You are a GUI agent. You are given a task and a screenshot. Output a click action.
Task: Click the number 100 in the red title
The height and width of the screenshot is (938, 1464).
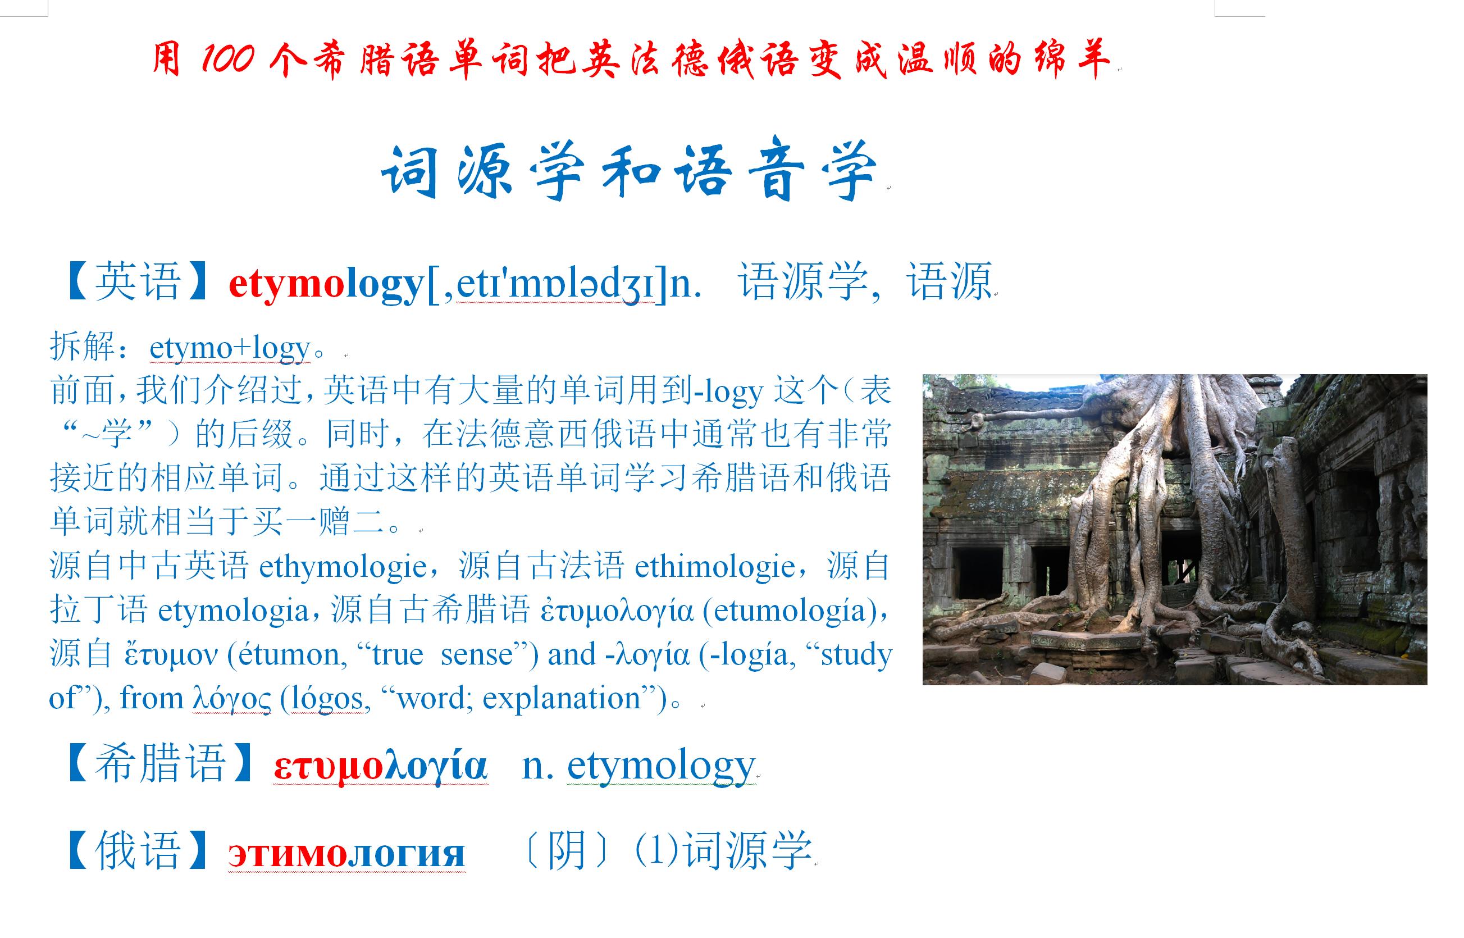click(227, 59)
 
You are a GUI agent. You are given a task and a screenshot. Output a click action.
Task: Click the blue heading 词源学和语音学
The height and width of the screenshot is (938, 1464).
click(629, 171)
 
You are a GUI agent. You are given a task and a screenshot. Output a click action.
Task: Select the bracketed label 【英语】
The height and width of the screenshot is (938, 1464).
click(138, 282)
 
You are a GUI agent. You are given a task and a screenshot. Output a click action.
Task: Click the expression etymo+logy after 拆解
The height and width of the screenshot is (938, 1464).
click(230, 348)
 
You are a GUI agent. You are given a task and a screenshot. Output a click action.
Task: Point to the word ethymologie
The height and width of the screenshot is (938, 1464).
click(342, 567)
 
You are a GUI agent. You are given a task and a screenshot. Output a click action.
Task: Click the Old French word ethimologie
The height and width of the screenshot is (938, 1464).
click(714, 567)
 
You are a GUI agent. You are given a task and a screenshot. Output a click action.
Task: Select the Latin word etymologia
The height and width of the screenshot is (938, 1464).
click(233, 611)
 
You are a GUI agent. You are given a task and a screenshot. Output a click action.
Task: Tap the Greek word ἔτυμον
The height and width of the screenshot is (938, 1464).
click(171, 655)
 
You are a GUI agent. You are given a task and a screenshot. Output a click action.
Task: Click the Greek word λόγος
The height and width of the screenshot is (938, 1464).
click(231, 699)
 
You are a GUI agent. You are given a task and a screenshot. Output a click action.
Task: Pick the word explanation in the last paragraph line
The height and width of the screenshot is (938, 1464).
click(562, 699)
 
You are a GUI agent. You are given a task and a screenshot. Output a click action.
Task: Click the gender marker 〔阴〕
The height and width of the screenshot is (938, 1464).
click(565, 850)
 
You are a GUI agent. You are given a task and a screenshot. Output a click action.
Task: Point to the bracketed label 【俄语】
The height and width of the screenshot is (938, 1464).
click(138, 850)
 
